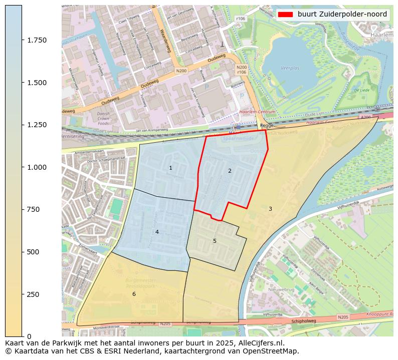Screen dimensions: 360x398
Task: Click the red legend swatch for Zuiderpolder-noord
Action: pos(286,15)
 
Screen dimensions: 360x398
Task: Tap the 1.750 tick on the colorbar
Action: pos(37,40)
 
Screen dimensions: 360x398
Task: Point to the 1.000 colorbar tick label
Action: pos(37,167)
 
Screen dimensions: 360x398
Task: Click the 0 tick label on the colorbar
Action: pos(29,336)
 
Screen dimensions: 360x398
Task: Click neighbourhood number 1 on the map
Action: pos(170,168)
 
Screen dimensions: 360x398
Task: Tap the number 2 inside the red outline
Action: pos(230,171)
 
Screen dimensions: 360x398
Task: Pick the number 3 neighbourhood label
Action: pos(270,209)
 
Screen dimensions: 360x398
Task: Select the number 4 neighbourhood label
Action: pos(157,232)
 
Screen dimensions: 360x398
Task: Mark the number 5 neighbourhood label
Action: pos(215,241)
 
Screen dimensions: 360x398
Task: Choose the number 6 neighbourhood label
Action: pos(134,294)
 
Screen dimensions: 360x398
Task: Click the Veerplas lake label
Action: pos(290,67)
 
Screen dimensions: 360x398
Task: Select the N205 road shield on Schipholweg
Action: pos(343,317)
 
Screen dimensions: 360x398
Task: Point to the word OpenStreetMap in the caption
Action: pos(274,351)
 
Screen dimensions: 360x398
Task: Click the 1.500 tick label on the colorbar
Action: pos(37,83)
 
